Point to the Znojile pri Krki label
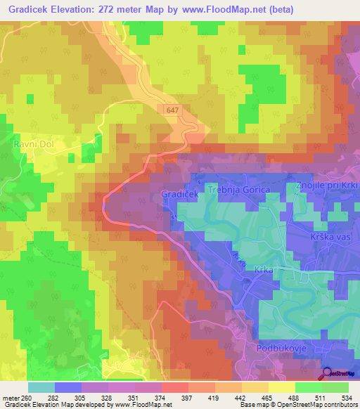coord(326,186)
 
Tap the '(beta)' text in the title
coord(278,10)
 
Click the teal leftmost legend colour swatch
coord(41,387)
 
